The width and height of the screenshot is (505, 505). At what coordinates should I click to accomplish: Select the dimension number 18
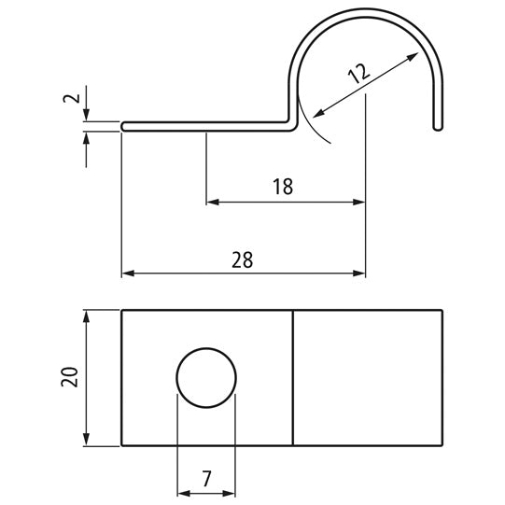pyautogui.click(x=282, y=186)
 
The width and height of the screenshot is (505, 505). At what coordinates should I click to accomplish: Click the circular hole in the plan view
pyautogui.click(x=206, y=376)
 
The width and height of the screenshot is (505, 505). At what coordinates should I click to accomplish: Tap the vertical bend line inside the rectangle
pyautogui.click(x=293, y=377)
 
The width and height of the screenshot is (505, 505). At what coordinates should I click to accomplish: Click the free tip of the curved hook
pyautogui.click(x=436, y=126)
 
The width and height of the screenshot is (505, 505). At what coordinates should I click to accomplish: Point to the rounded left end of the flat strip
pyautogui.click(x=125, y=125)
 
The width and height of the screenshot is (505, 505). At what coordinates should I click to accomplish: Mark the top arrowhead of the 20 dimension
pyautogui.click(x=87, y=316)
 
